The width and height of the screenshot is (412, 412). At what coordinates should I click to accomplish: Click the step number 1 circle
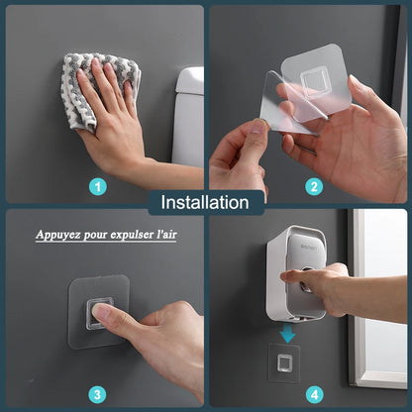97,185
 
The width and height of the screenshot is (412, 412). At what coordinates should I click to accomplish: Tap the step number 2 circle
314,185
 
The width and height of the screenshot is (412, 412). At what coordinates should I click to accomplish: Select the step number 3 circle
97,394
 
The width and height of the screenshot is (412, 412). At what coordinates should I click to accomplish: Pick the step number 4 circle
314,394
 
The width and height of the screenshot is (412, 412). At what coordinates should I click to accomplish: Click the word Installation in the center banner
205,203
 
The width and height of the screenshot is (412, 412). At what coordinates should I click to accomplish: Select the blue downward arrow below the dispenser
287,333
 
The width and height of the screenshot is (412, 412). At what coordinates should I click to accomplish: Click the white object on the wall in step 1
188,114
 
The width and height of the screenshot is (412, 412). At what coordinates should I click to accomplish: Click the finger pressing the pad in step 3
104,316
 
